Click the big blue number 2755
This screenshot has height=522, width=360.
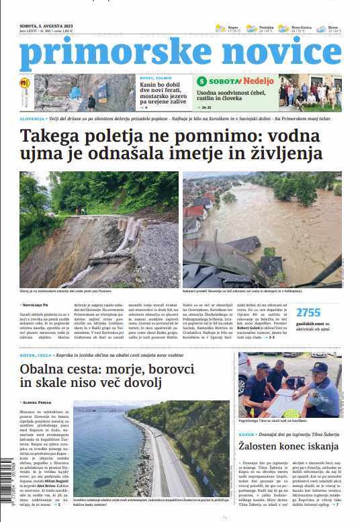tap(308, 312)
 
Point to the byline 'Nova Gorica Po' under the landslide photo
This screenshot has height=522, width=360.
tap(36, 304)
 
